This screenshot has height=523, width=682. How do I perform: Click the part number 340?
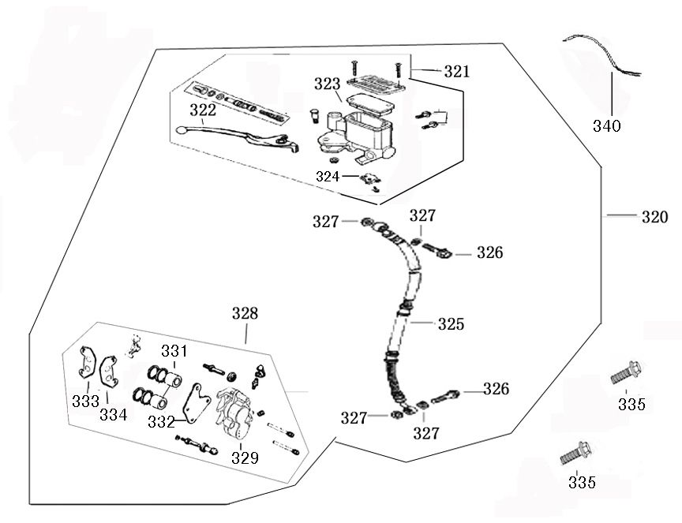coord(607,125)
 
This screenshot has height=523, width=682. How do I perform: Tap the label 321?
coord(455,71)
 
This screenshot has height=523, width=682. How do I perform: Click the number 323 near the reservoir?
coord(326,83)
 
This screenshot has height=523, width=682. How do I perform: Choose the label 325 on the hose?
coord(451,323)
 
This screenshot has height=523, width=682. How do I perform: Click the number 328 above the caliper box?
coord(245,313)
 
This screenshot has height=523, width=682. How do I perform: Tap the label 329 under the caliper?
coord(244,457)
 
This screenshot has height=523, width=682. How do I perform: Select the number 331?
coord(174,350)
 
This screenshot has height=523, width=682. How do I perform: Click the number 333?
coord(85,400)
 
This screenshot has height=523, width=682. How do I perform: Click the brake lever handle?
coord(237,136)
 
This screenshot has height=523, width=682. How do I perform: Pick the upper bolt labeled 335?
coord(624,372)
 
